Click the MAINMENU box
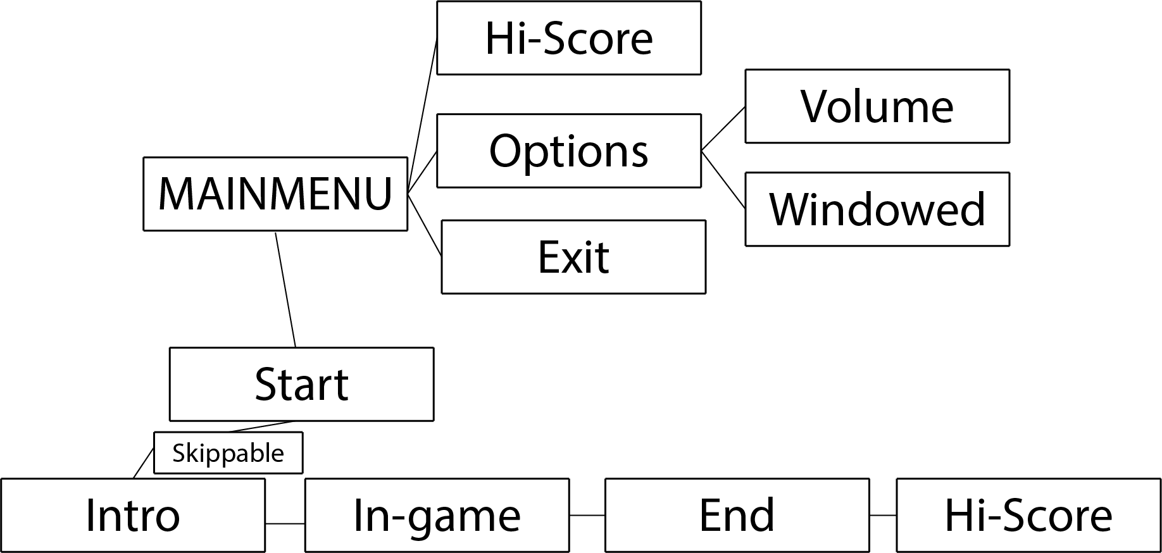coord(275,194)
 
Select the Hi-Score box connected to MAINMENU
coord(568,38)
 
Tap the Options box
coord(568,151)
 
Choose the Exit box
coord(573,257)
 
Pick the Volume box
coord(877,106)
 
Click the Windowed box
coord(877,209)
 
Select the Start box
coord(301,384)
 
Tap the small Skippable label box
coord(228,453)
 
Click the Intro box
coord(132,515)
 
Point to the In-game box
coord(437,515)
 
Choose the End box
coord(737,515)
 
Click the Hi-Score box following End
coord(1028,515)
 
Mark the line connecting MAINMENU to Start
coord(285,290)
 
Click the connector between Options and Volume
coord(723,129)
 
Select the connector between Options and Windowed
coord(723,179)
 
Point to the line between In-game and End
coord(587,516)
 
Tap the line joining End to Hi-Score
coord(883,516)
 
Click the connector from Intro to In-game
coord(285,524)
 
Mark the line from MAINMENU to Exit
coord(424,224)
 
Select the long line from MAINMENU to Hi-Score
coord(422,114)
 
